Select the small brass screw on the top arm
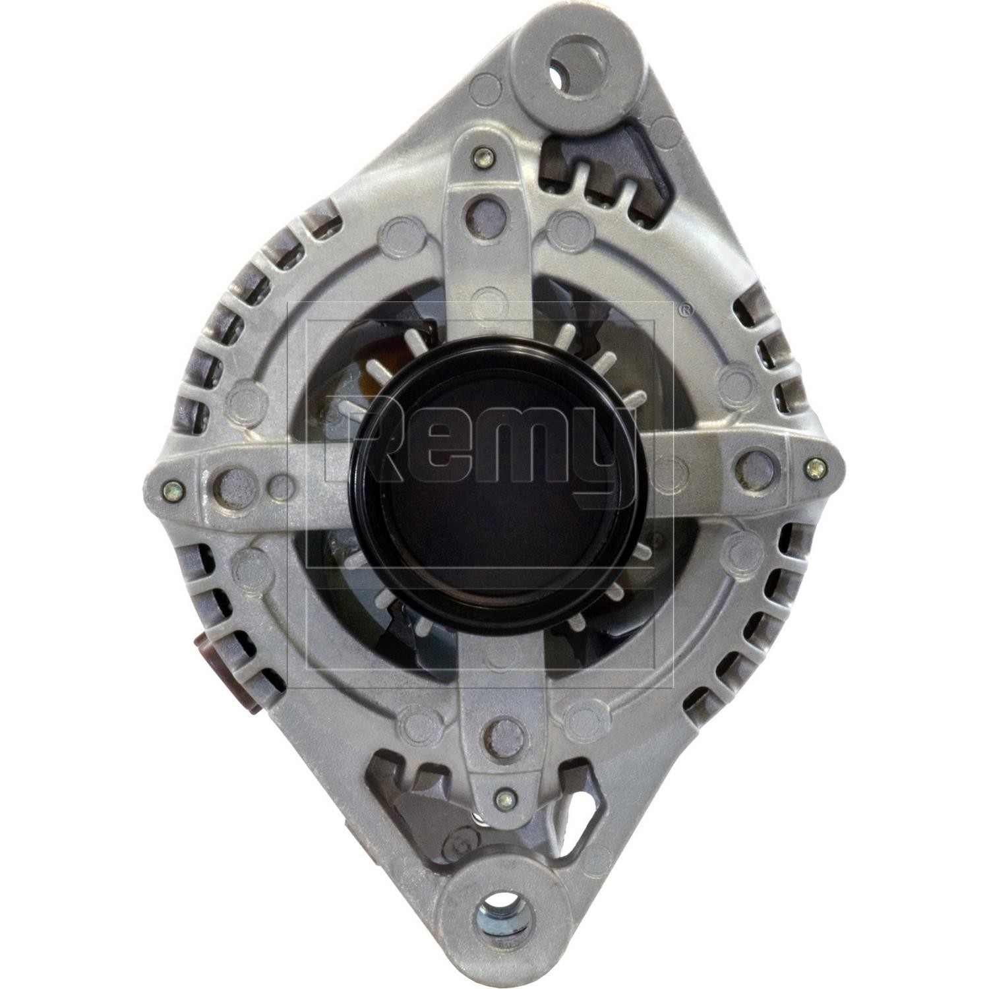tap(483, 158)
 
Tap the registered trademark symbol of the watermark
tap(685, 309)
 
